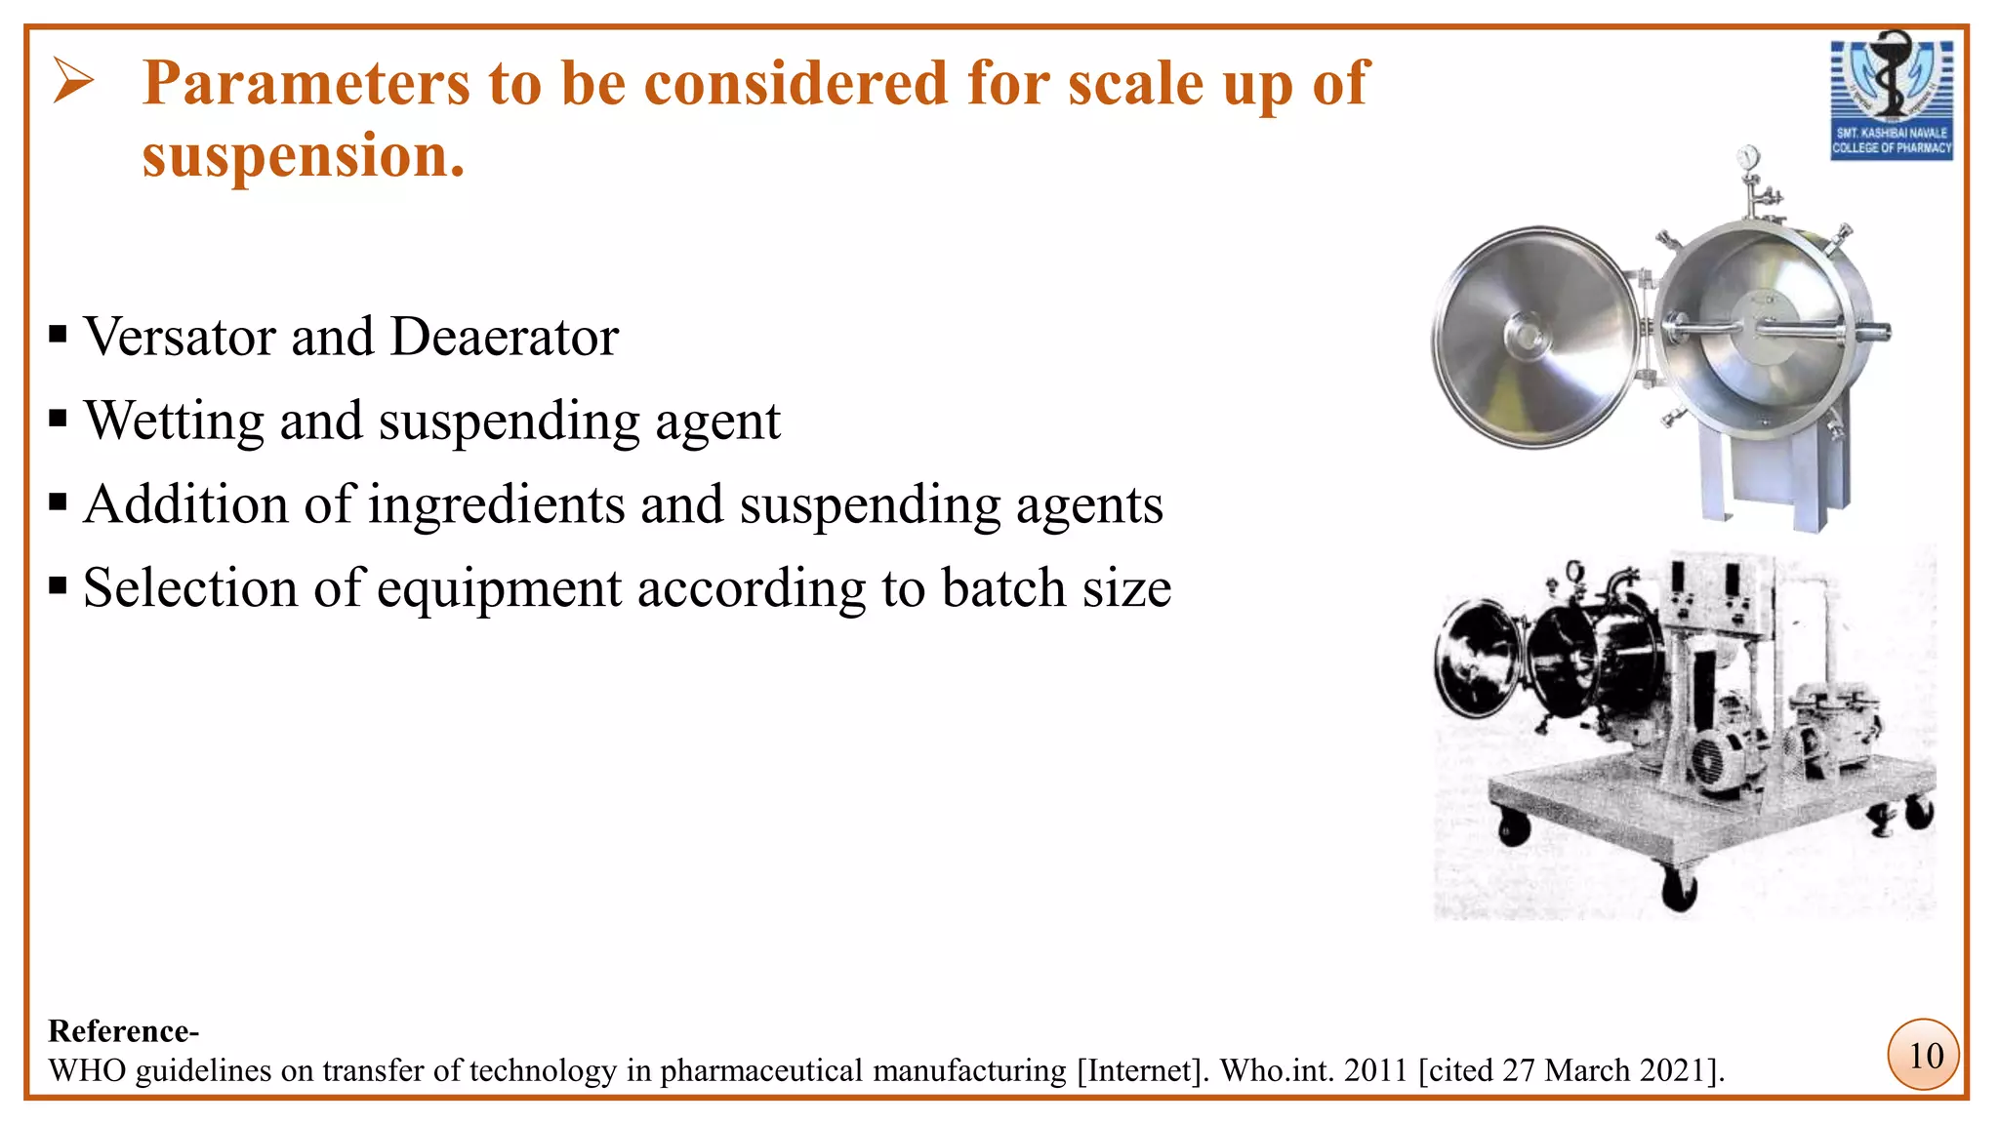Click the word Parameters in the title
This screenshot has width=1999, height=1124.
pos(306,84)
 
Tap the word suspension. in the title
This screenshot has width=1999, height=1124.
pos(303,156)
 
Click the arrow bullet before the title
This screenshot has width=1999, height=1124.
pos(73,80)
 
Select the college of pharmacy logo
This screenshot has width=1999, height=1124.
pos(1891,98)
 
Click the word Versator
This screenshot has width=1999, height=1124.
pos(181,338)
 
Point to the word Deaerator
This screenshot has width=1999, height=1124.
pos(504,338)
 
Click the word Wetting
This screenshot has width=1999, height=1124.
pos(174,421)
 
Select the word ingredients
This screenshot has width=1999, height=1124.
pos(497,505)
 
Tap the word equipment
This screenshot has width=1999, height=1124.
pos(499,589)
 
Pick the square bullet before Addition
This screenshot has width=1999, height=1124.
pos(59,503)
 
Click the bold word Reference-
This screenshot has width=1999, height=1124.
pos(124,1031)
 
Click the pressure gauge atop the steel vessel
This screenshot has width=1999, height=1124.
pos(1747,157)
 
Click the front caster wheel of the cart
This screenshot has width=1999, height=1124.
pos(1679,890)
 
